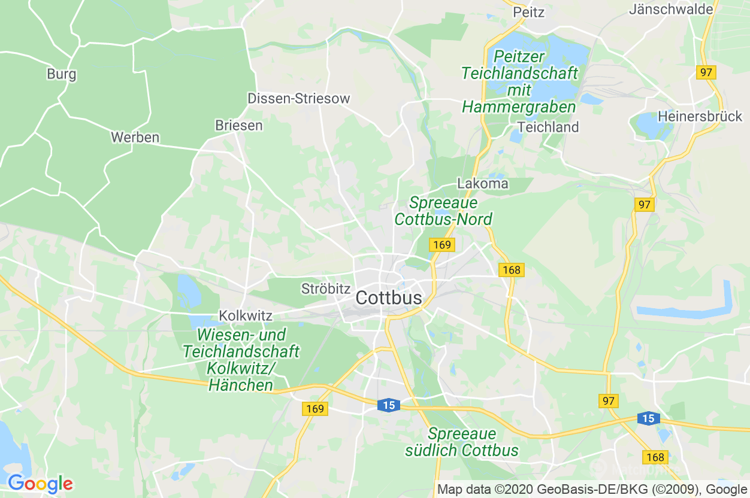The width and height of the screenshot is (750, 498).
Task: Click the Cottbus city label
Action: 388,297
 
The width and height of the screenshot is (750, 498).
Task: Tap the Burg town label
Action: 62,74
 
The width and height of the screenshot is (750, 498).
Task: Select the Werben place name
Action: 135,137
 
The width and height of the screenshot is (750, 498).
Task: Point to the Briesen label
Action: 238,125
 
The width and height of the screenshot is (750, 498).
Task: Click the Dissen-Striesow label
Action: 298,99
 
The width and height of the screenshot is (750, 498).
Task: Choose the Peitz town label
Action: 528,12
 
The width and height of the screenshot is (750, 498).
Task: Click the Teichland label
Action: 548,127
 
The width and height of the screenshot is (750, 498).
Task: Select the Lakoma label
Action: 482,183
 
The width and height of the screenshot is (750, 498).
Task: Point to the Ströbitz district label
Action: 325,289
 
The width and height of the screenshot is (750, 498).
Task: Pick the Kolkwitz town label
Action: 246,315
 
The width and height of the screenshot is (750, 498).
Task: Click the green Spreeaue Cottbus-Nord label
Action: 443,211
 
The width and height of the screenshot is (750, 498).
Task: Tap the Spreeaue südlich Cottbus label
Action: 461,442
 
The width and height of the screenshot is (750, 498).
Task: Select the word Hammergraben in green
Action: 519,107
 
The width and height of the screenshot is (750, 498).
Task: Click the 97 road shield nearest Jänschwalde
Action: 706,72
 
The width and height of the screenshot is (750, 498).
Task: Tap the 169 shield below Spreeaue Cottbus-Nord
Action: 441,245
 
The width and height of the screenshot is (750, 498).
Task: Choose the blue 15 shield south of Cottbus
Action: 389,405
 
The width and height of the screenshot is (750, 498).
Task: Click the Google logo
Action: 40,483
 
